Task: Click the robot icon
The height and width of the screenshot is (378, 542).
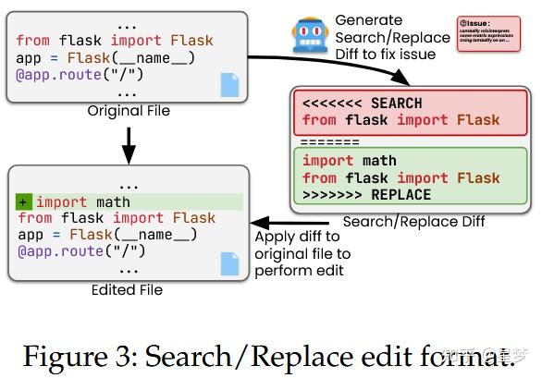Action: [x=307, y=35]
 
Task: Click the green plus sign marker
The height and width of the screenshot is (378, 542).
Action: [x=24, y=201]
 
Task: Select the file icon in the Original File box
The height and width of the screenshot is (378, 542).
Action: [x=229, y=85]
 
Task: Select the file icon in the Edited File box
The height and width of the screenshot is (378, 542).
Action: [x=229, y=262]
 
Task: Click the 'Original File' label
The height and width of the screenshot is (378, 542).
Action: [x=129, y=111]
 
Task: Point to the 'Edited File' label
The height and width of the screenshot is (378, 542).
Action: [x=127, y=289]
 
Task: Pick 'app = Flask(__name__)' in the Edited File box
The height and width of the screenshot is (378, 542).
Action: [x=106, y=235]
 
